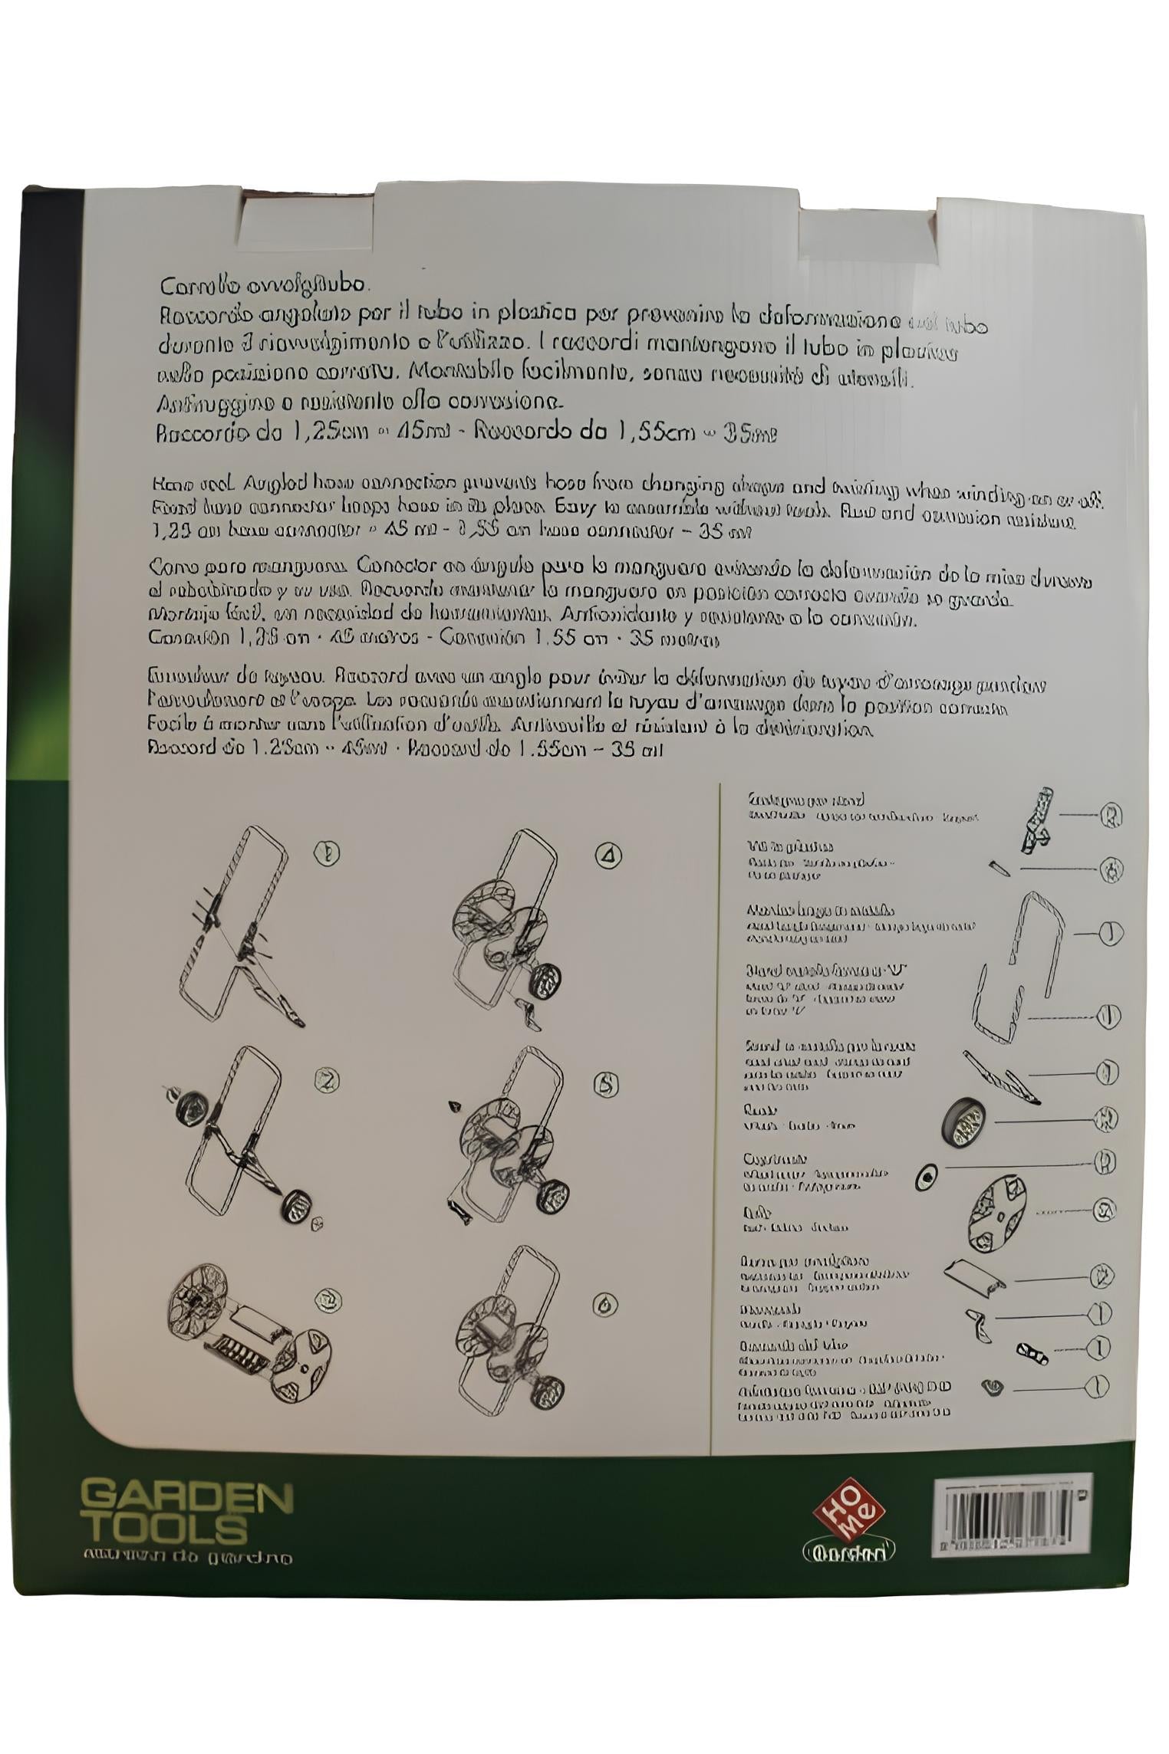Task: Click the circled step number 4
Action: pos(608,854)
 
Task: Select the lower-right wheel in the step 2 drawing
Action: pos(295,1206)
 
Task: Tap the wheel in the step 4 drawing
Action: pos(545,980)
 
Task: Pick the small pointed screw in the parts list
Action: pos(999,867)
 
